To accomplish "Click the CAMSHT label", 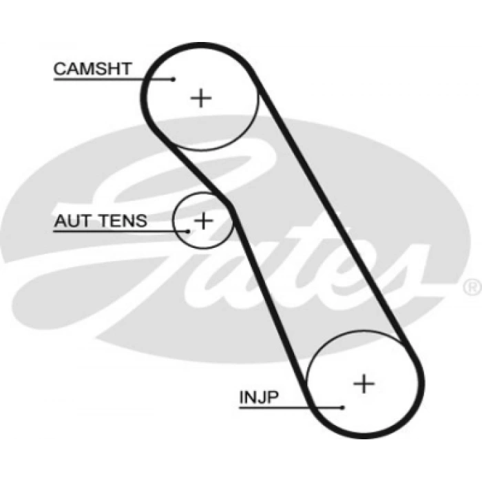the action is (92, 69).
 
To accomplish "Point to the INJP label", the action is (259, 397).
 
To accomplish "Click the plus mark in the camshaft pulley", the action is (201, 98).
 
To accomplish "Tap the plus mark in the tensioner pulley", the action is (203, 220).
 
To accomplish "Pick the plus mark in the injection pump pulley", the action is (364, 384).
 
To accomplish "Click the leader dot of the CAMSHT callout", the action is (174, 79).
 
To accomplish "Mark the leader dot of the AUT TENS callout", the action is (188, 231).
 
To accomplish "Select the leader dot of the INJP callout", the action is (342, 408).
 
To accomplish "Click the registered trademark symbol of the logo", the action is (473, 287).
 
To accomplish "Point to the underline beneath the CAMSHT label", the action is (113, 79).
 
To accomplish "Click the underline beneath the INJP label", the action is (291, 408).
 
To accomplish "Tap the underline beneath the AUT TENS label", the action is (120, 231).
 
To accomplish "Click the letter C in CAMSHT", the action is (60, 69).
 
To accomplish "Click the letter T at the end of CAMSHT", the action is (125, 69).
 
